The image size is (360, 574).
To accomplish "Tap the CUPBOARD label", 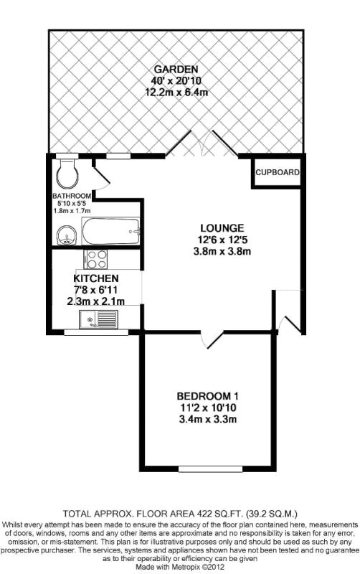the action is click(278, 172).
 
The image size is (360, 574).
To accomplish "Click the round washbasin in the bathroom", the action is click(66, 235).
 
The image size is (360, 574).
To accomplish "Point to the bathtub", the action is click(110, 231).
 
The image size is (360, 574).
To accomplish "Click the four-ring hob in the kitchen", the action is click(97, 259).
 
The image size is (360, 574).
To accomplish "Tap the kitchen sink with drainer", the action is click(98, 319).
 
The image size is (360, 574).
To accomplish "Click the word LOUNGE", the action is click(222, 228).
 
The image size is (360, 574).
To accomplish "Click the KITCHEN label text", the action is click(96, 278).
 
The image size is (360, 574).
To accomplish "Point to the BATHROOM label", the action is click(72, 196).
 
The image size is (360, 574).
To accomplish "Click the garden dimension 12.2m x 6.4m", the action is click(176, 92).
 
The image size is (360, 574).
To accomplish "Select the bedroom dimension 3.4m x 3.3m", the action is click(207, 419).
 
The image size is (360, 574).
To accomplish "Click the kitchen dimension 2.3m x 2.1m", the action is click(96, 301).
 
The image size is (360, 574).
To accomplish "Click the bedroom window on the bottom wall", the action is click(210, 469).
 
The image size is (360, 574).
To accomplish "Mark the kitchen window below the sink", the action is click(96, 332).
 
